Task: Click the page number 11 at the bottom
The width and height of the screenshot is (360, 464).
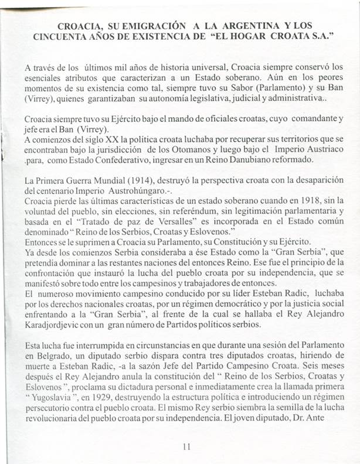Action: click(x=186, y=446)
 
